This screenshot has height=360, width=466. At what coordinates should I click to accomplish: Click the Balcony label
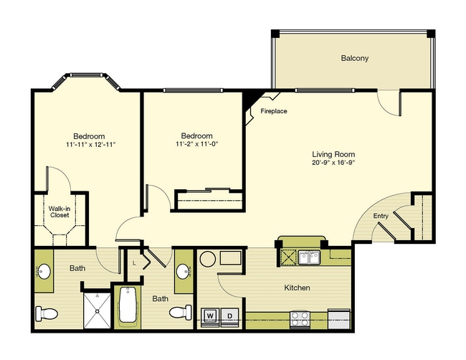(355, 58)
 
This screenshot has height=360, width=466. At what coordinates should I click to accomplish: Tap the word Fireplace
(274, 111)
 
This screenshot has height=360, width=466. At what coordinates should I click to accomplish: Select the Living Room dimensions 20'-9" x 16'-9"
(334, 163)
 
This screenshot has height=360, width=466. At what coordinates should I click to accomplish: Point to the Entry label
(381, 216)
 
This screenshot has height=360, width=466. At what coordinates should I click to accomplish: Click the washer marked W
(210, 317)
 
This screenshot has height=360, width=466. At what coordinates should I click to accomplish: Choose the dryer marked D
(229, 317)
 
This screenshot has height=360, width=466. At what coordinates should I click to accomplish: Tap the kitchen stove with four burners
(300, 319)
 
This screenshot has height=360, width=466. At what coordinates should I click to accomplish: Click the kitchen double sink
(310, 257)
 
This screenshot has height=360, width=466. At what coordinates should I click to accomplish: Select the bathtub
(128, 305)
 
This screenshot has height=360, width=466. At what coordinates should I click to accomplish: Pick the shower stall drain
(98, 311)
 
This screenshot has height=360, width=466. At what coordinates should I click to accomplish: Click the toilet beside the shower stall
(47, 314)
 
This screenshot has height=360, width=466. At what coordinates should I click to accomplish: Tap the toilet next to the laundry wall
(181, 313)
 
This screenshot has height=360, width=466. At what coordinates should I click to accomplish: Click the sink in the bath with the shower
(44, 271)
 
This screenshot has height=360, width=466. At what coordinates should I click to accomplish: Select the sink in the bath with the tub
(184, 271)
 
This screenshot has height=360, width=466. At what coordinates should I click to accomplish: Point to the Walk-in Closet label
(60, 212)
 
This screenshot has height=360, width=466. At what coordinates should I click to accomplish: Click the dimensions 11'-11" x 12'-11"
(90, 145)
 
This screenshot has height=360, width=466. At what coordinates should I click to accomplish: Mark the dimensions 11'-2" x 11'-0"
(197, 144)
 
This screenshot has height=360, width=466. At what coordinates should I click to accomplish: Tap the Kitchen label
(298, 288)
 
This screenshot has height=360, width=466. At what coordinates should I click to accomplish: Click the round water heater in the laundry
(207, 259)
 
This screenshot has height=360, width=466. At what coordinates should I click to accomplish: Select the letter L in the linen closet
(134, 262)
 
